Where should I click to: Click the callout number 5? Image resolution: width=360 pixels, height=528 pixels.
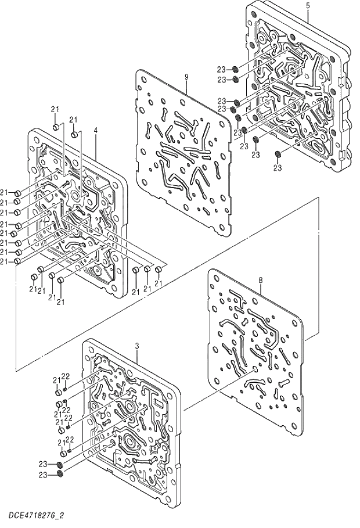[308, 5]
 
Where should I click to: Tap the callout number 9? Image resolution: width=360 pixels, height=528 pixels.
[187, 76]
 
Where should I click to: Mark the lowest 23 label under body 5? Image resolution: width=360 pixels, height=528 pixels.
[278, 168]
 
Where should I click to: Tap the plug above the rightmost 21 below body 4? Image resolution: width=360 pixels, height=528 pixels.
[159, 269]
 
